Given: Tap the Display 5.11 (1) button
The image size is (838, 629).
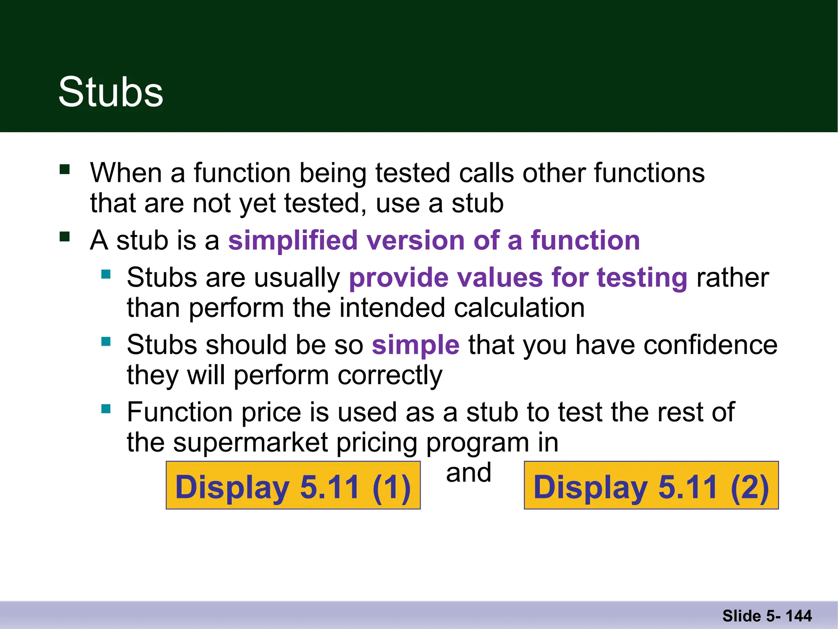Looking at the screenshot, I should coord(293,486).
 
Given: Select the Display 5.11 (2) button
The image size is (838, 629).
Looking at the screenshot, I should coord(651,486).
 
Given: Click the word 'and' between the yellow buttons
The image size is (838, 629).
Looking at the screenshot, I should coord(469,473).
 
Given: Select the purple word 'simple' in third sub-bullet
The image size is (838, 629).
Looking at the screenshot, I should coord(415,345).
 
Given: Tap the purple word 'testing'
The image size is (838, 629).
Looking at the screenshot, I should coord(642,278).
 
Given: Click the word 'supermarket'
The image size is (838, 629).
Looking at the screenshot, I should coord(250,443).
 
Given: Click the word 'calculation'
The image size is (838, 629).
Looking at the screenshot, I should coord(519,308).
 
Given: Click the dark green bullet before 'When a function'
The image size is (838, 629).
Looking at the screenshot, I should coord(65,170).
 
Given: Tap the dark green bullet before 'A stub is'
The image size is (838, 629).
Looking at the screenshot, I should coord(65,237).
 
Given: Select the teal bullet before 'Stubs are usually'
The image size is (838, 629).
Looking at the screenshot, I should coord(106,274).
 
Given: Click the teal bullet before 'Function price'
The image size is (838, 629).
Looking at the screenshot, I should coord(106,409).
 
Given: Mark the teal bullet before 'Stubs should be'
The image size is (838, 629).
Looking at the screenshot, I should coord(106,342).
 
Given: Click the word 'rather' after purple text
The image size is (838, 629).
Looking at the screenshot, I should coord(732,278).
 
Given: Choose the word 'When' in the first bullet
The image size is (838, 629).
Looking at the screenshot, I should coord(126,173).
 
